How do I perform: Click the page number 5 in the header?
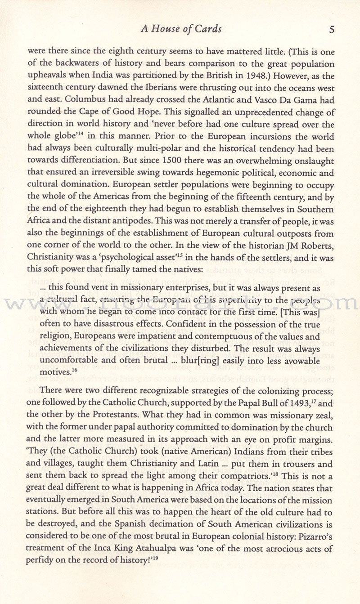pos(332,30)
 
